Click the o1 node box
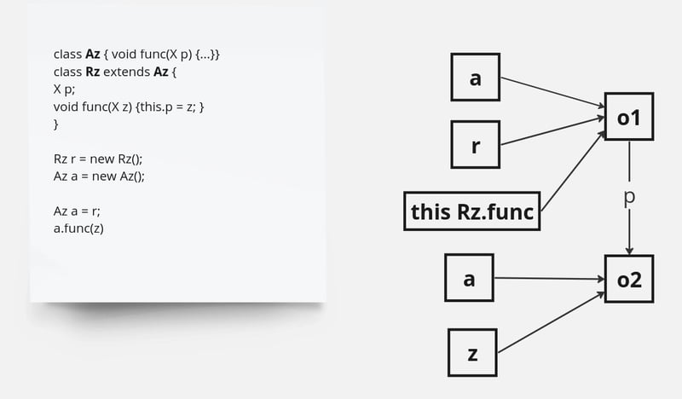(629, 117)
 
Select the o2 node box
(629, 278)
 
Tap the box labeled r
(475, 143)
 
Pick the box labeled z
(471, 352)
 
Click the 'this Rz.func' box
(472, 211)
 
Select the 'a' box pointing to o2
(469, 277)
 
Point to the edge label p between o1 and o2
(629, 197)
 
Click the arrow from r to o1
(552, 130)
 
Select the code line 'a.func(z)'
(78, 228)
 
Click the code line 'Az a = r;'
(77, 211)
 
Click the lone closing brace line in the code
(55, 124)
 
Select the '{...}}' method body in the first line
(205, 55)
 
